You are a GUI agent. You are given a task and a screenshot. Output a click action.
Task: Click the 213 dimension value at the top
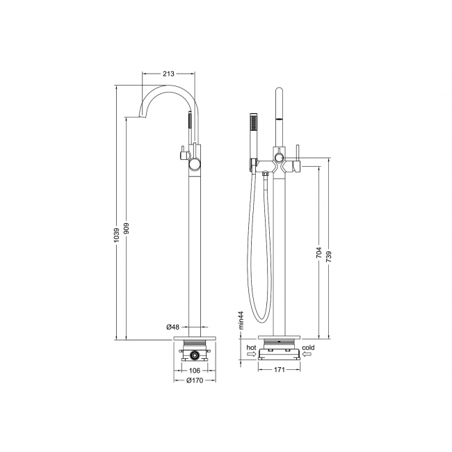coord(169,74)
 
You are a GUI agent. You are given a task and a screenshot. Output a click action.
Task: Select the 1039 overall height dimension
coord(116,235)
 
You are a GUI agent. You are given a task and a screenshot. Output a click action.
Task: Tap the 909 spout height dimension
coord(127,228)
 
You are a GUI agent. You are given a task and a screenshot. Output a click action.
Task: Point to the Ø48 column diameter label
coord(172,327)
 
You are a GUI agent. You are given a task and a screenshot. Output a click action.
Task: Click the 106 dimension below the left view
coord(195,371)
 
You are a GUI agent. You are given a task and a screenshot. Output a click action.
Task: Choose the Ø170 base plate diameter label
coord(195,380)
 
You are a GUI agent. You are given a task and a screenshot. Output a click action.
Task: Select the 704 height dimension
coord(318,252)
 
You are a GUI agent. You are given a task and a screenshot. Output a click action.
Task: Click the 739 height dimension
coord(329,257)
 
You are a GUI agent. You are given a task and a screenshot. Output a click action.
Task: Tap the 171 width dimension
coord(279,369)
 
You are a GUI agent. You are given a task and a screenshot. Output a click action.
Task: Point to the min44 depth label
coord(241,320)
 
